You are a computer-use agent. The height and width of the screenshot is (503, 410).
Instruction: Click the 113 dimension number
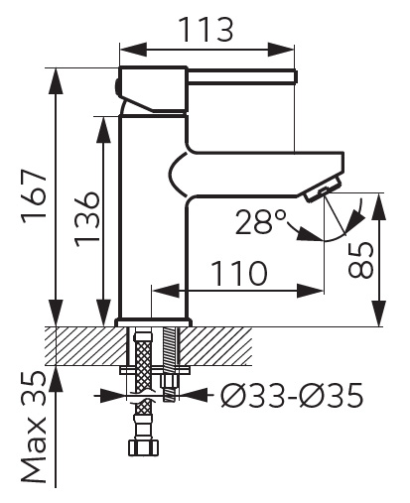pyautogui.click(x=205, y=30)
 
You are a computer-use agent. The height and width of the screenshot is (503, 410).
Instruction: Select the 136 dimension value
pyautogui.click(x=86, y=218)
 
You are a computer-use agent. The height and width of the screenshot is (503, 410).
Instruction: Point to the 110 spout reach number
pyautogui.click(x=238, y=273)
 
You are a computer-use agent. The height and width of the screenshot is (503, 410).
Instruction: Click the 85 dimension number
pyautogui.click(x=360, y=260)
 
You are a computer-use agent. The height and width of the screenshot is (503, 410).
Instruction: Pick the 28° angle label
pyautogui.click(x=260, y=221)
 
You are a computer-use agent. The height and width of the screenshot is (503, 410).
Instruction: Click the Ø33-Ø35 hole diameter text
pyautogui.click(x=292, y=396)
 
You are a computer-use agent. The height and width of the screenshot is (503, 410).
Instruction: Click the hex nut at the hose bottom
pyautogui.click(x=143, y=447)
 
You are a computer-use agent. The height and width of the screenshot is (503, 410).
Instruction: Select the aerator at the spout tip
pyautogui.click(x=324, y=189)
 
